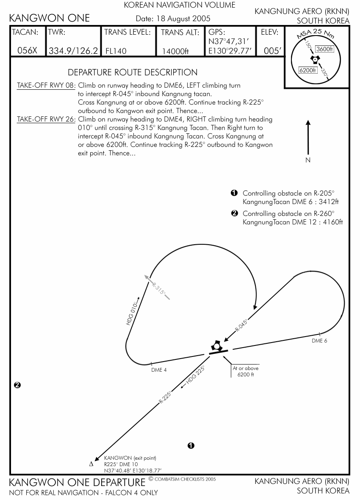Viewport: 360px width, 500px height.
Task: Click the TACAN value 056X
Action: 28,51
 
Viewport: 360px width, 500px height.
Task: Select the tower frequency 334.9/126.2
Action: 74,51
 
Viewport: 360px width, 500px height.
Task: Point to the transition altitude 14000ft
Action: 175,52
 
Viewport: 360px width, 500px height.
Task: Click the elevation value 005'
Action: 272,51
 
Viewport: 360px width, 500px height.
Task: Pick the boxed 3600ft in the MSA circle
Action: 325,49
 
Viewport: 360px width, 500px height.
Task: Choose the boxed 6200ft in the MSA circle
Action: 307,70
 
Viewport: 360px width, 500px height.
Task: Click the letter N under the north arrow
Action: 308,160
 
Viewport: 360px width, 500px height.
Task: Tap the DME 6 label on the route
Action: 319,341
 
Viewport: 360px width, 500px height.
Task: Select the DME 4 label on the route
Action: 159,370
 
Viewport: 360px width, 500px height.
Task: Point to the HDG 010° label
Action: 133,313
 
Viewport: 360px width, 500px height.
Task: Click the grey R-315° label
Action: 158,289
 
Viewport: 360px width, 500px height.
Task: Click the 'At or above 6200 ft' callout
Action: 245,371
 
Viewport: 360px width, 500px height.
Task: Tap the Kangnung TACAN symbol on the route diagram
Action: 217,346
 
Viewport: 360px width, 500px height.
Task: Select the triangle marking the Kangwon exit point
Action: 91,464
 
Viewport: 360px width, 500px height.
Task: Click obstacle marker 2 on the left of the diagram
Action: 17,385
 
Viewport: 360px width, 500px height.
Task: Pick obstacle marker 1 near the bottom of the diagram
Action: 191,445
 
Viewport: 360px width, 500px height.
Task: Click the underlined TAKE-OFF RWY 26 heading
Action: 46,119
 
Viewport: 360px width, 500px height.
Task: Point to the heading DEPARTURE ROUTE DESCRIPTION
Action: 133,72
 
